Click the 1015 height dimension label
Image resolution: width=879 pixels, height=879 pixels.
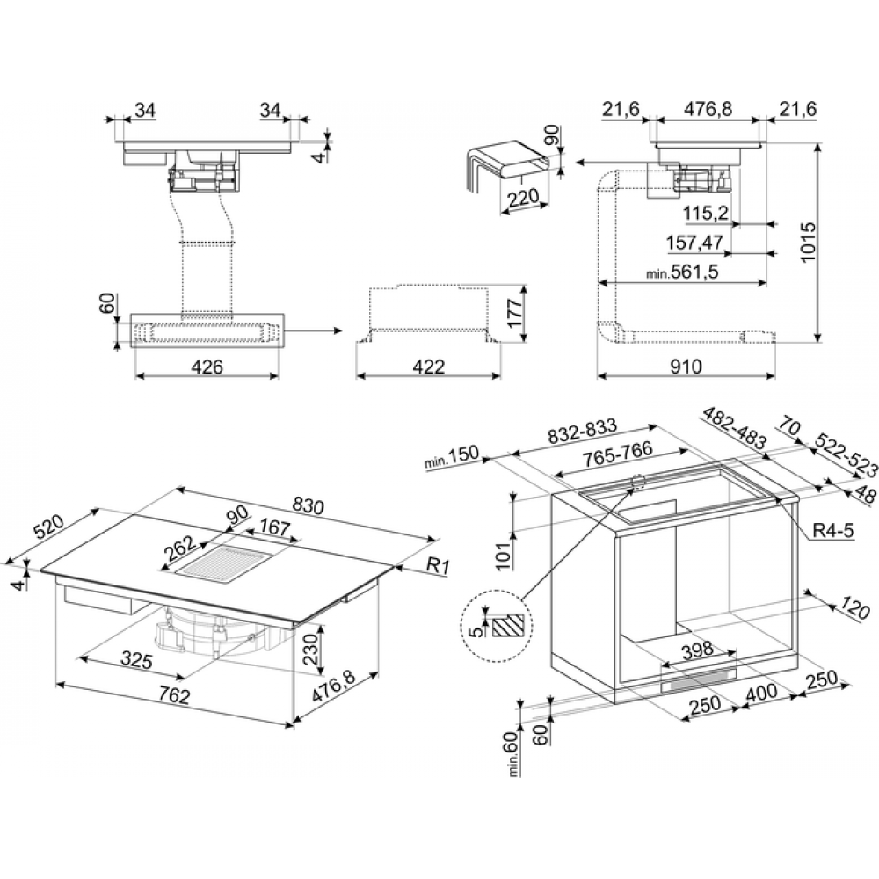(x=809, y=243)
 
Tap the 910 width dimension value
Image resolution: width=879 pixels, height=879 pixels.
(x=686, y=367)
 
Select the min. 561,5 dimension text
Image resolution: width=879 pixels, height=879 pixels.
(x=682, y=272)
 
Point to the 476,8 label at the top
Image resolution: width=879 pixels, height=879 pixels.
(x=708, y=109)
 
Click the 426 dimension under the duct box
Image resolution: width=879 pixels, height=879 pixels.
(x=207, y=367)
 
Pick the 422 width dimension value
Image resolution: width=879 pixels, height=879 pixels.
(x=428, y=367)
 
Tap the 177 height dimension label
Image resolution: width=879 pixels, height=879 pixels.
(x=514, y=313)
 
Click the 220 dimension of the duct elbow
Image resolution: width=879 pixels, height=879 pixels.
(x=522, y=197)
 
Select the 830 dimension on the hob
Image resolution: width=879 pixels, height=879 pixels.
(x=308, y=506)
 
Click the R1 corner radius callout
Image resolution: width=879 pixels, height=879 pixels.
(x=438, y=566)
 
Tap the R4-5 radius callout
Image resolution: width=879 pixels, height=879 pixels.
(x=833, y=530)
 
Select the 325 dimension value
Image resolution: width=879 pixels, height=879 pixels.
(x=137, y=660)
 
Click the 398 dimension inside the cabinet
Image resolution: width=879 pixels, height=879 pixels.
(x=697, y=650)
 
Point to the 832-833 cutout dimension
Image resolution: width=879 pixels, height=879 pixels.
(x=583, y=431)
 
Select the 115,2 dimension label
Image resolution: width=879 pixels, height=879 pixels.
(x=705, y=213)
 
